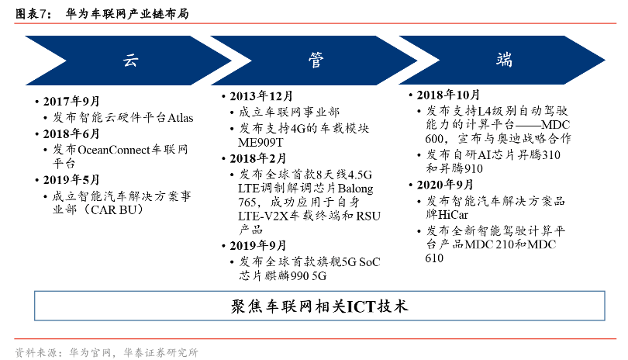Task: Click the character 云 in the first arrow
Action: pos(130,61)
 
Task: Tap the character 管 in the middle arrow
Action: pos(316,61)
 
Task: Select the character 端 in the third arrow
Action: pos(504,60)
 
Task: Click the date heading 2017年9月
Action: pos(71,101)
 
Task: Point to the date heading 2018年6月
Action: pos(71,133)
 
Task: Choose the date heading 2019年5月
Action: pos(71,179)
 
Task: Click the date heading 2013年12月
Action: pos(261,95)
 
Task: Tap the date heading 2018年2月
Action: pos(258,158)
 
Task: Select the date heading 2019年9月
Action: pos(258,245)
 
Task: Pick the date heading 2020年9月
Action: pos(445,185)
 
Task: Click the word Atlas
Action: pos(180,117)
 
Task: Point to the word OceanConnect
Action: pos(114,150)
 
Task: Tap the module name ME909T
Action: pos(261,142)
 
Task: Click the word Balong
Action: pos(355,189)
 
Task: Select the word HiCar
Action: pos(453,214)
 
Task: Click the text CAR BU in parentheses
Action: pos(114,209)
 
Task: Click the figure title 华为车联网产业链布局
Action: pos(127,14)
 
